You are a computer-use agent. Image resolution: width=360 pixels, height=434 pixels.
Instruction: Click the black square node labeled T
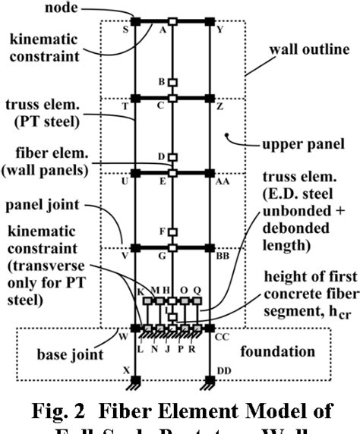click(135, 98)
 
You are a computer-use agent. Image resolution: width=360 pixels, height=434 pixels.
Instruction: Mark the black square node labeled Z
click(210, 98)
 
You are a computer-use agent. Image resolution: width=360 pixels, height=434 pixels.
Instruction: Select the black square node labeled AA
click(210, 173)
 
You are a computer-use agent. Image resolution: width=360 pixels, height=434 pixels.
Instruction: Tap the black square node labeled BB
click(210, 247)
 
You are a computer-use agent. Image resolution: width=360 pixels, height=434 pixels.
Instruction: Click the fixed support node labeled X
click(135, 378)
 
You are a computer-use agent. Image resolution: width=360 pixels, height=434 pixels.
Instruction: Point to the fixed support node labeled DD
click(210, 378)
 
